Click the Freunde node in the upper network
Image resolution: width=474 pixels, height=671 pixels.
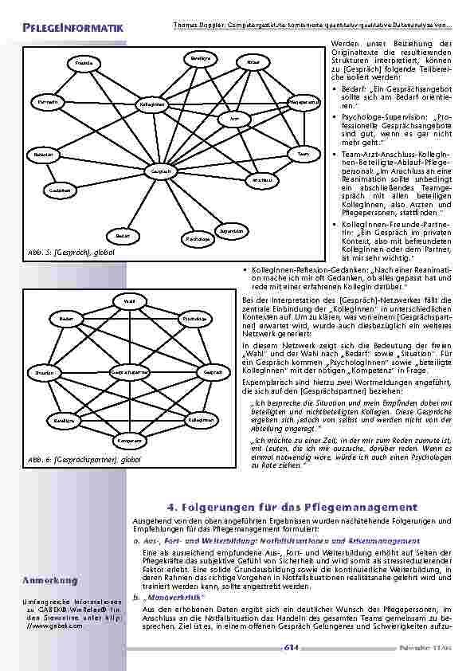point(83,62)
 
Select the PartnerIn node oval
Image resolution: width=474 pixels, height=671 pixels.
point(45,103)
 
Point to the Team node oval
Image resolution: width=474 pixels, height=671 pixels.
point(304,153)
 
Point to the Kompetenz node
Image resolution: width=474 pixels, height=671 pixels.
point(128,441)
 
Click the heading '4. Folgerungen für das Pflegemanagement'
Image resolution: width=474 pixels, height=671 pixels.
point(292,507)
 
